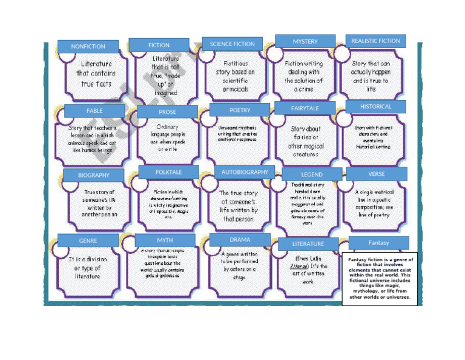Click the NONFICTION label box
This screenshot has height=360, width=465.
click(x=88, y=47)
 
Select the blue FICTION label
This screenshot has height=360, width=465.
click(x=159, y=45)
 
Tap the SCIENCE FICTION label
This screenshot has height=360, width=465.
click(x=232, y=44)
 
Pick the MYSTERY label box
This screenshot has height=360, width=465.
click(x=305, y=41)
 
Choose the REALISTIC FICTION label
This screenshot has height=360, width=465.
click(x=375, y=41)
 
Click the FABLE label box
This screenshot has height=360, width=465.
click(x=94, y=111)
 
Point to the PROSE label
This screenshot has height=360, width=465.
click(x=168, y=112)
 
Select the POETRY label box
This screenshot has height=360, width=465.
click(x=240, y=110)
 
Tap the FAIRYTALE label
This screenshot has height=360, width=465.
click(x=305, y=108)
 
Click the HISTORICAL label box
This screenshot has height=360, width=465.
click(x=375, y=106)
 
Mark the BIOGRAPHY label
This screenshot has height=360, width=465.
click(x=94, y=175)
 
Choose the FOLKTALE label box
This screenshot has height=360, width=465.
click(x=168, y=172)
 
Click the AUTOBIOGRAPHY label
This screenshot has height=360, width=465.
click(x=245, y=172)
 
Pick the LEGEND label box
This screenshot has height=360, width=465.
click(x=312, y=175)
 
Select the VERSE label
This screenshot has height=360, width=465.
click(x=376, y=174)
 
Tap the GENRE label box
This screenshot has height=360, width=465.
click(x=88, y=241)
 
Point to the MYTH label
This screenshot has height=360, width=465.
click(x=165, y=241)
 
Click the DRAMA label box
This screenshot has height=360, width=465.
click(x=240, y=239)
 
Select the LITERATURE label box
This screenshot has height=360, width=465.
click(x=308, y=244)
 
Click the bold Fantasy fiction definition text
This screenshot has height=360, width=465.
click(x=380, y=278)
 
